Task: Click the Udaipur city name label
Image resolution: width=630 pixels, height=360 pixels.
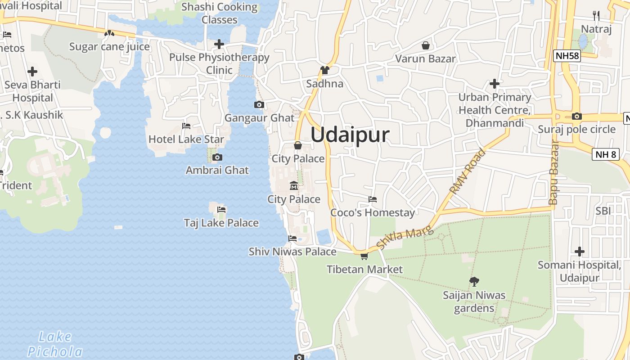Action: pyautogui.click(x=350, y=135)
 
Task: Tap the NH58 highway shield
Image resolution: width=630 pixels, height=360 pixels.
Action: pyautogui.click(x=567, y=56)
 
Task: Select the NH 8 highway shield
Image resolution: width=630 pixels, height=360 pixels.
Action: pyautogui.click(x=606, y=154)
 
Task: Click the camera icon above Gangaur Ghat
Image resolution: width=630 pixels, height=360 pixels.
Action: pyautogui.click(x=259, y=105)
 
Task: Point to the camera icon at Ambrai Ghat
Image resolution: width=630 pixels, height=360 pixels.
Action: pyautogui.click(x=217, y=157)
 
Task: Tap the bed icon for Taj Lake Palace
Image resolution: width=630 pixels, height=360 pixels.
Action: pyautogui.click(x=221, y=209)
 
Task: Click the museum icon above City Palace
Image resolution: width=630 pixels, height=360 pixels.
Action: pyautogui.click(x=294, y=185)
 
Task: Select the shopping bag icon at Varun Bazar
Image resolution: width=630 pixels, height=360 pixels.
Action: pyautogui.click(x=425, y=45)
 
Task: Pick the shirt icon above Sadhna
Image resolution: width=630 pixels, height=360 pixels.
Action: pyautogui.click(x=324, y=70)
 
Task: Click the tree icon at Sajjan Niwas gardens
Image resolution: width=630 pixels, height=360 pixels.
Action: pyautogui.click(x=474, y=282)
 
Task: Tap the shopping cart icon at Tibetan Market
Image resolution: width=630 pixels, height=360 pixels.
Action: pyautogui.click(x=364, y=256)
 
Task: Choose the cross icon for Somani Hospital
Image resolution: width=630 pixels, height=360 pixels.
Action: pyautogui.click(x=579, y=252)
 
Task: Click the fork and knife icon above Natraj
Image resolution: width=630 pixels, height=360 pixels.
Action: pyautogui.click(x=596, y=16)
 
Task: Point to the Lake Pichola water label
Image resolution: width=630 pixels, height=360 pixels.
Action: pyautogui.click(x=55, y=344)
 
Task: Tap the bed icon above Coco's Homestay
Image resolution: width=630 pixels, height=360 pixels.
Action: pyautogui.click(x=372, y=199)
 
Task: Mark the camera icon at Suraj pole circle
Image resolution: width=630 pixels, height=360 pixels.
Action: pyautogui.click(x=576, y=116)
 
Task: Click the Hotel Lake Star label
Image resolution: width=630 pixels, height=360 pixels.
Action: pyautogui.click(x=186, y=139)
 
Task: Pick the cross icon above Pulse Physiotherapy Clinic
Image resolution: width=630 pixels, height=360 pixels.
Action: pyautogui.click(x=219, y=44)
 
